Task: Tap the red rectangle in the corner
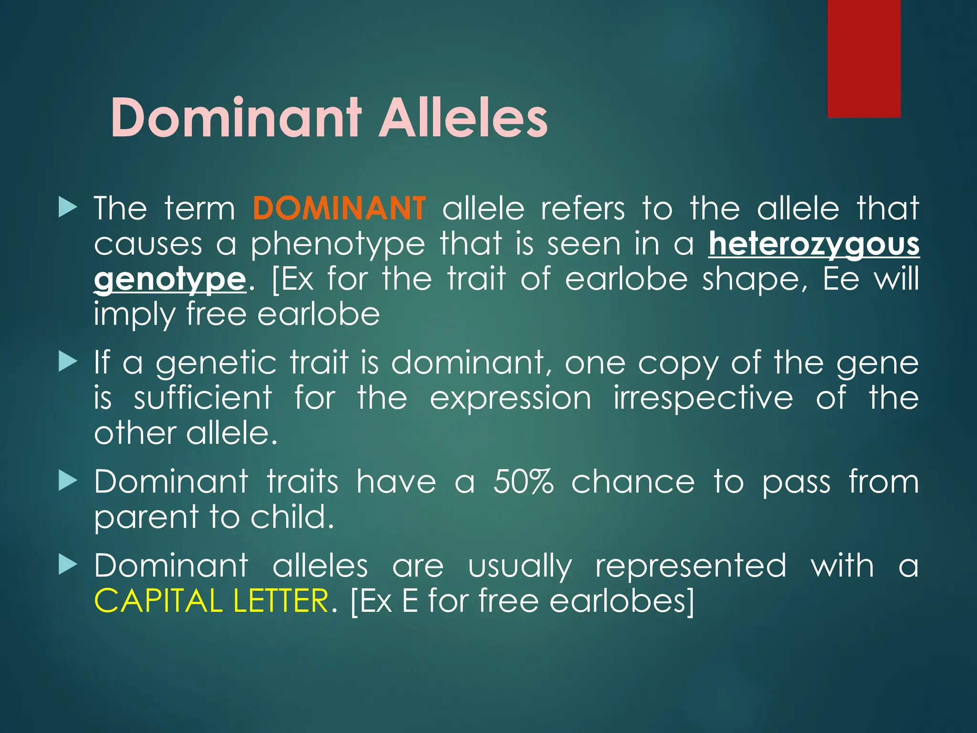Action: [863, 58]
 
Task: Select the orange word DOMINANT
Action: [339, 209]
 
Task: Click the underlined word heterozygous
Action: [813, 244]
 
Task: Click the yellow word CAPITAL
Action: [158, 601]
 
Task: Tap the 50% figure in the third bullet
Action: [523, 482]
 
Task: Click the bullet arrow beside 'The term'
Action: [67, 209]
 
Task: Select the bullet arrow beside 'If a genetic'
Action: [67, 363]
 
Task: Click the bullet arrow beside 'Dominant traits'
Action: [67, 482]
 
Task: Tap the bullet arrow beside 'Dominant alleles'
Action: [67, 565]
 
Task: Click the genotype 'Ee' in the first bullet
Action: [841, 279]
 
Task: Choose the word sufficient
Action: [203, 398]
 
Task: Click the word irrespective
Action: [703, 398]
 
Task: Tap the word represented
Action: [690, 565]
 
